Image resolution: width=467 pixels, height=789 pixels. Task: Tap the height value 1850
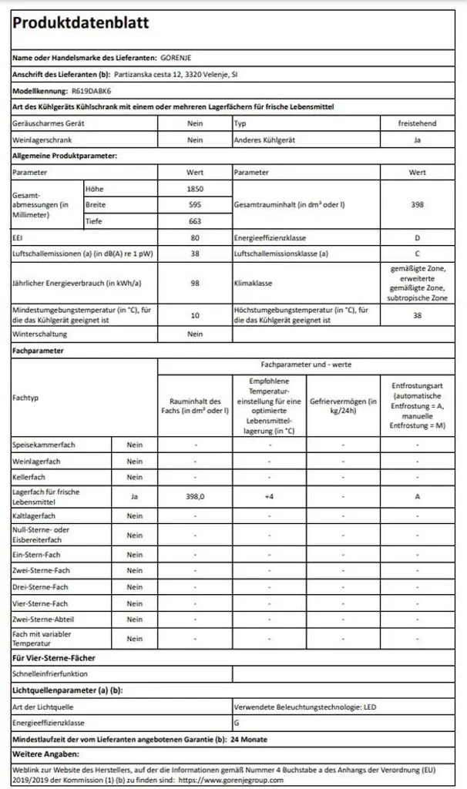click(195, 189)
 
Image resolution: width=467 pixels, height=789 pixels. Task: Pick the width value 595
click(195, 205)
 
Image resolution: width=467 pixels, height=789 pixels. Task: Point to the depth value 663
click(195, 222)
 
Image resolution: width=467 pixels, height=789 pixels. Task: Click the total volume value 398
click(418, 205)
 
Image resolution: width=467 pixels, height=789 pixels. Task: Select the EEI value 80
click(195, 239)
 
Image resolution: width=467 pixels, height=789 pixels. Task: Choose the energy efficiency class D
click(418, 239)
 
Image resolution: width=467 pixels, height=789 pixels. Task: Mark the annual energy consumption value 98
click(195, 282)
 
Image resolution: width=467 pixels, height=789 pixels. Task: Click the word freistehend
click(418, 123)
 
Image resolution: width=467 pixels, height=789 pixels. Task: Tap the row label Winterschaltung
click(40, 334)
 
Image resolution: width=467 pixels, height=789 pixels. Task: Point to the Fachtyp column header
click(26, 397)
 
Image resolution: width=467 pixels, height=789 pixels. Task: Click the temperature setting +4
click(269, 497)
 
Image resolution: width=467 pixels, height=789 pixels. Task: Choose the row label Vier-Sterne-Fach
click(40, 603)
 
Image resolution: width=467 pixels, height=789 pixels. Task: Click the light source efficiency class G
click(236, 723)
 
